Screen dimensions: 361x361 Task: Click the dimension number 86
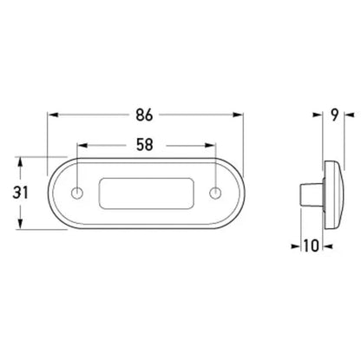(146, 114)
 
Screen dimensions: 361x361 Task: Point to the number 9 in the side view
(332, 114)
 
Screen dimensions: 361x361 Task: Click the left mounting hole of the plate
(79, 191)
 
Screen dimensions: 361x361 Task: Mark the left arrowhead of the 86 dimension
(53, 114)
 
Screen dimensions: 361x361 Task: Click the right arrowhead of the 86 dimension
(240, 114)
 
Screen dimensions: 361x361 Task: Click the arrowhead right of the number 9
(347, 114)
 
